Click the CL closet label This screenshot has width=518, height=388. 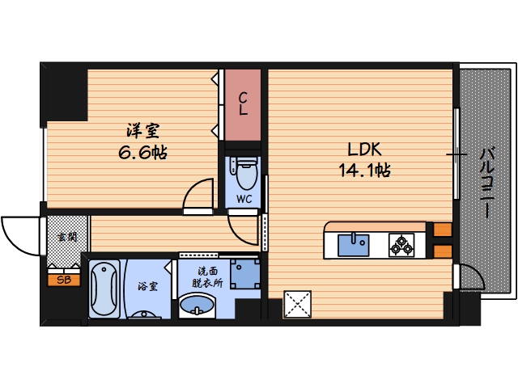coord(243,103)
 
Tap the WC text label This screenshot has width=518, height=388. coord(244,198)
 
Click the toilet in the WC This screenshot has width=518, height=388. coord(245,172)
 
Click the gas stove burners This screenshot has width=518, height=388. coord(401,243)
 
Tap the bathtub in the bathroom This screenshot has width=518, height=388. coord(104,289)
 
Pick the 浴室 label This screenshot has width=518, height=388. coord(146,286)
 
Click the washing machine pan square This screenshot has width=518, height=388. coord(244,273)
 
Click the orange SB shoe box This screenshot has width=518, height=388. coord(62,280)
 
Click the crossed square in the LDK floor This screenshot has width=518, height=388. coord(299,306)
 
